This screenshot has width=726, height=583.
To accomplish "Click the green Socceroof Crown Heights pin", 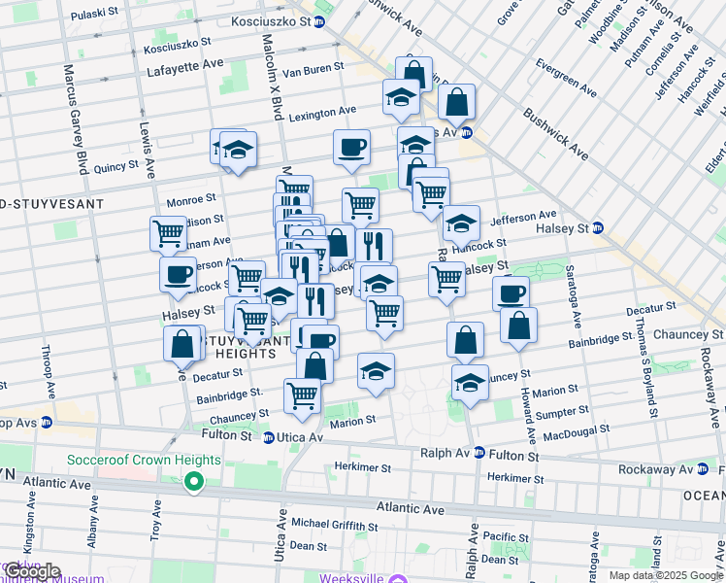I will (194, 480).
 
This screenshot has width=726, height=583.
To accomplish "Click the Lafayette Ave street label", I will (185, 70).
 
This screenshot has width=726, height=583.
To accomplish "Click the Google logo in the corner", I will (32, 571).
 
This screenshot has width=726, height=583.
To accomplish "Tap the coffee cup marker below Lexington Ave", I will (351, 148).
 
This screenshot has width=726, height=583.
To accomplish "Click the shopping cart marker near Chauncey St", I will (302, 396).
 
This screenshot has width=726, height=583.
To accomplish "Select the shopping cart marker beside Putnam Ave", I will (168, 234).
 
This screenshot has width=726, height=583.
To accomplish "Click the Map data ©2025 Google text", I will (665, 575).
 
